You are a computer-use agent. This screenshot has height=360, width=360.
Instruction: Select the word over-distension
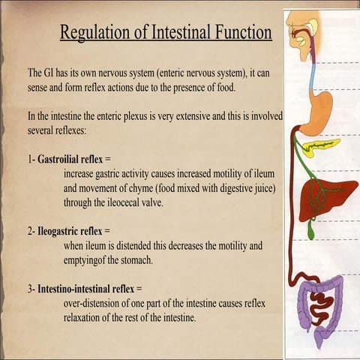94,302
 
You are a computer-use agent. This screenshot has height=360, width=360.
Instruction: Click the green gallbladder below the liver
310,232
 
